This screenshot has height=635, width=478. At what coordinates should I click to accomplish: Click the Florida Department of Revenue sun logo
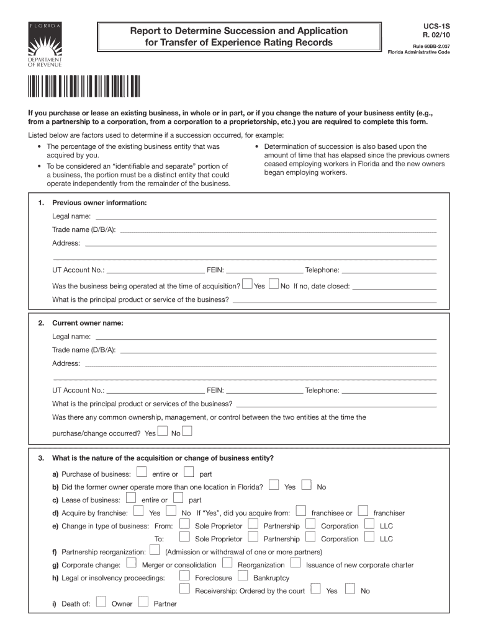click(x=43, y=43)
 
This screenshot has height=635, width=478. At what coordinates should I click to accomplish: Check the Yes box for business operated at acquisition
click(x=247, y=285)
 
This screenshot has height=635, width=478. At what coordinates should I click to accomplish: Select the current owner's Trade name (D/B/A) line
click(x=277, y=352)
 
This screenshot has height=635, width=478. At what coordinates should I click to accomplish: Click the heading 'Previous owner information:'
click(x=99, y=203)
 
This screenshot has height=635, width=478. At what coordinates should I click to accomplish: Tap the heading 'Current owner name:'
click(x=88, y=323)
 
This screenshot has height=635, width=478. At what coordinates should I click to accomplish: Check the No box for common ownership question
click(x=187, y=431)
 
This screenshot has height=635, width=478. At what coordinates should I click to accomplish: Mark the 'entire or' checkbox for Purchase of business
click(x=142, y=473)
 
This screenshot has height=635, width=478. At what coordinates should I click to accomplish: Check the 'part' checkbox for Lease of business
click(x=178, y=498)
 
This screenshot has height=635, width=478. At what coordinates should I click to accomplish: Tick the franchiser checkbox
click(x=363, y=511)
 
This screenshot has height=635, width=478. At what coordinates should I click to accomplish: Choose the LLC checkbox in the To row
click(x=369, y=538)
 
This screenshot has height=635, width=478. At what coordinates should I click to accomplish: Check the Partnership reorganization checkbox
click(x=155, y=550)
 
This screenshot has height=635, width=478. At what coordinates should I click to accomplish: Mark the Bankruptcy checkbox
click(x=243, y=576)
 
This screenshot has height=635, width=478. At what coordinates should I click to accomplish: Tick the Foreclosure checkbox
click(x=184, y=576)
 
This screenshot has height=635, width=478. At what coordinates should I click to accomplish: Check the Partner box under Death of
click(x=143, y=602)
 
